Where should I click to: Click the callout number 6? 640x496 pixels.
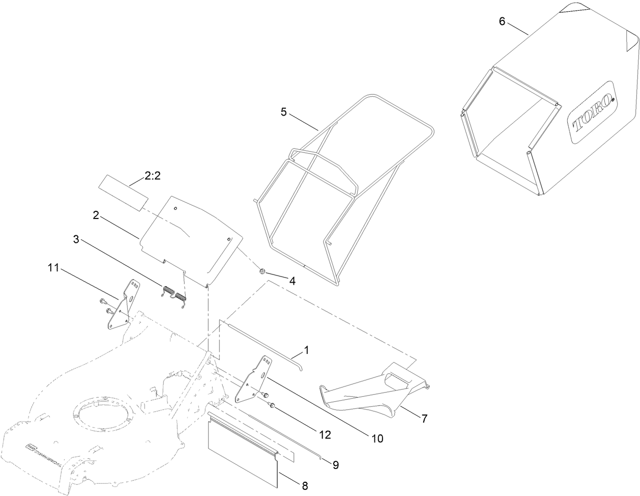502,22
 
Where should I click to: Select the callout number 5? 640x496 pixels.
284,112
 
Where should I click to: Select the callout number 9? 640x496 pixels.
335,464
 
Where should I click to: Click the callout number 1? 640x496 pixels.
307,350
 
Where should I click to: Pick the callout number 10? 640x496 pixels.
377,437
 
